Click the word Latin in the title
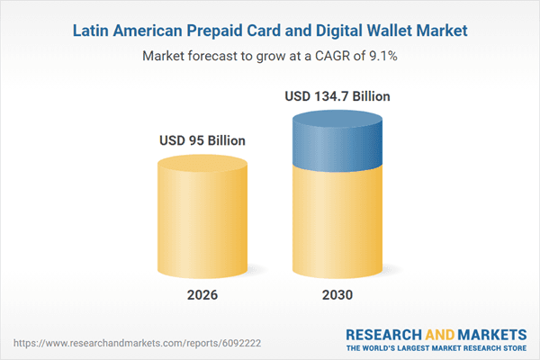tap(92, 30)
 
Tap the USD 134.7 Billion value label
tap(337, 95)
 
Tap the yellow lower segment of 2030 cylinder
tap(337, 225)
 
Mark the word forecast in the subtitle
tap(215, 56)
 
